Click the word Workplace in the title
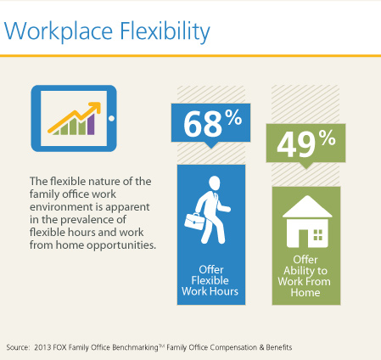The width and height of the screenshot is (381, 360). point(58,31)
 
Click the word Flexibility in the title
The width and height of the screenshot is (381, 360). point(165,31)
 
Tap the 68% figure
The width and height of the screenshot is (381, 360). point(212,123)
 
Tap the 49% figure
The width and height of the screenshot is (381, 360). point(306,143)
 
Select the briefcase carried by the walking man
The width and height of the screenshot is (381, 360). point(194,221)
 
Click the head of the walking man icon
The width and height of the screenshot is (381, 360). point(215,183)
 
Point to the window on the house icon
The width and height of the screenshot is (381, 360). point(318,235)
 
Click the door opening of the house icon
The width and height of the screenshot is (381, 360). point(303,238)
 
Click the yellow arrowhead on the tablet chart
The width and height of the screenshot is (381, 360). point(95,107)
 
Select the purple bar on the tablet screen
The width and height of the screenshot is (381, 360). point(91,124)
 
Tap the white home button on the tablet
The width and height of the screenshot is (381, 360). point(111,118)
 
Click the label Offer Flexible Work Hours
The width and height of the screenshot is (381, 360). point(210,280)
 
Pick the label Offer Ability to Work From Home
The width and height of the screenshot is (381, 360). point(305,276)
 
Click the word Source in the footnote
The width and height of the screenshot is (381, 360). point(18,347)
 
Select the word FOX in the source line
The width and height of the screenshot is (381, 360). point(59,347)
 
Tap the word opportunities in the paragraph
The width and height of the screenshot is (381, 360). point(121,245)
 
